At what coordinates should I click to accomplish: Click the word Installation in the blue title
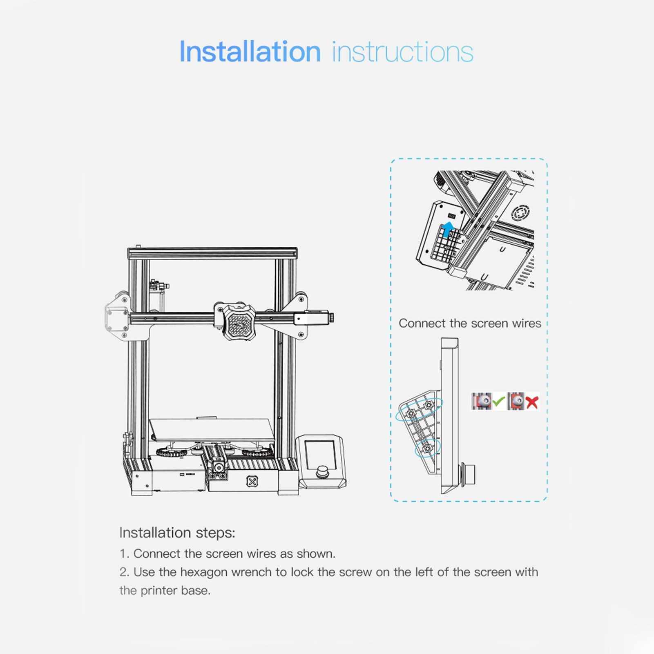(x=250, y=51)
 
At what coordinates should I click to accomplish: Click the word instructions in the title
(x=402, y=52)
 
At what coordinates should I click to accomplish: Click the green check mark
(x=499, y=402)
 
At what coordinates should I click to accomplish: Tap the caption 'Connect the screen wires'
(x=470, y=323)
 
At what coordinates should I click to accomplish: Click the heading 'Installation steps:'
(x=177, y=533)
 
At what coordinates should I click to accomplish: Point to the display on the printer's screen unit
(x=320, y=452)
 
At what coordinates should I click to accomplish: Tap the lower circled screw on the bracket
(x=428, y=449)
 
